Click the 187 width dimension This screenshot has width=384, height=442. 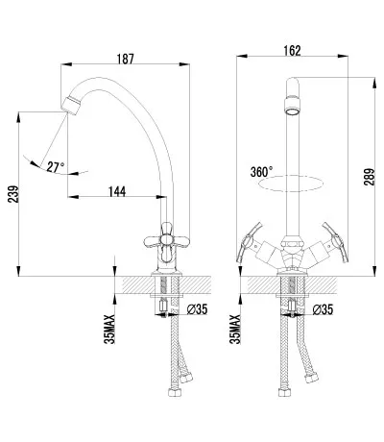point(125,59)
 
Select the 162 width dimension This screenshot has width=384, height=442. point(292,51)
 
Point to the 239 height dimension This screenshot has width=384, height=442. point(13,194)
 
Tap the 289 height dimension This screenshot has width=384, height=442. point(369,177)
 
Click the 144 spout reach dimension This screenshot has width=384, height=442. point(117,191)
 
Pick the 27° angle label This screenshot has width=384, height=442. point(56,167)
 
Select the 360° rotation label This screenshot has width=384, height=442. point(261,172)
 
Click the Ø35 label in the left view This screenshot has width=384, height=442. point(197,309)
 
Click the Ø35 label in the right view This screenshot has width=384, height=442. point(323,309)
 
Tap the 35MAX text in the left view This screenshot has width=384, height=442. point(109,330)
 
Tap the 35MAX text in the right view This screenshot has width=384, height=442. point(235,330)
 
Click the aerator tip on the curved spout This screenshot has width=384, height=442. point(71,105)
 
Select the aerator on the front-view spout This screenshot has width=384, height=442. point(293,107)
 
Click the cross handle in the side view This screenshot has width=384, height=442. point(166,241)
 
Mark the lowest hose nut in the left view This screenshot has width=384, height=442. point(175,392)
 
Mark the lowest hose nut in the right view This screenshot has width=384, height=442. point(284,392)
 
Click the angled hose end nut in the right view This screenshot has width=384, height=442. point(311,378)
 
